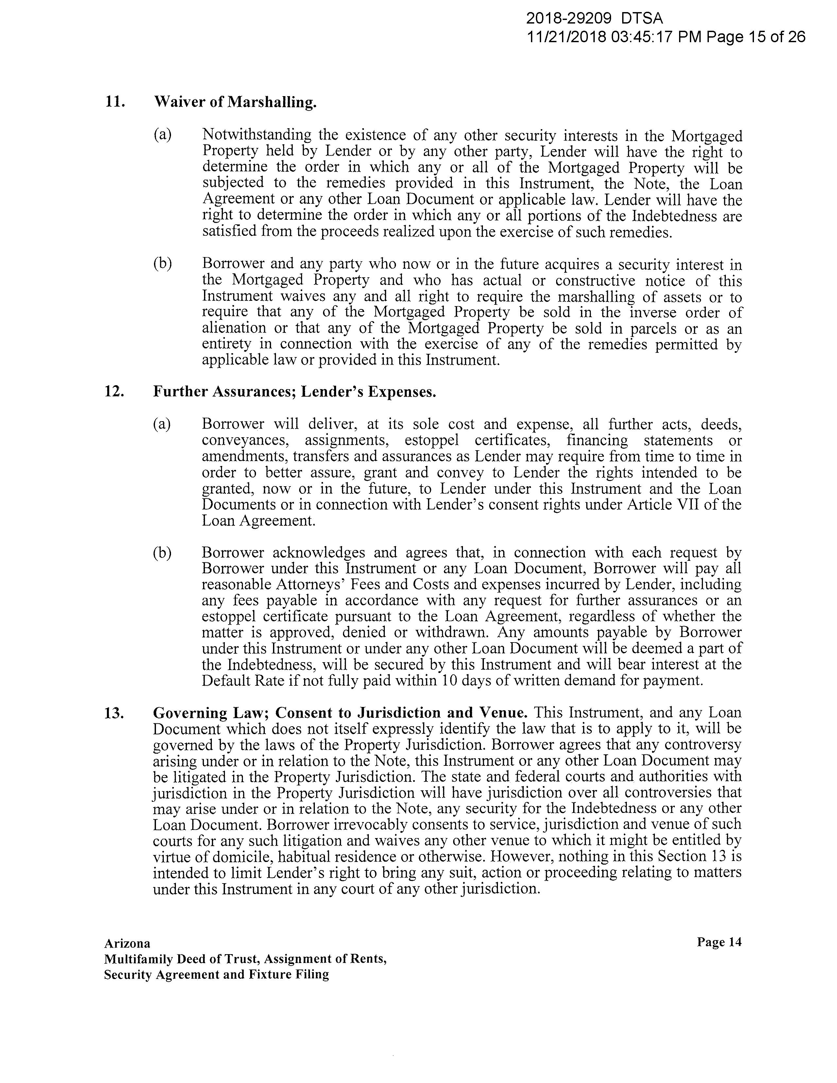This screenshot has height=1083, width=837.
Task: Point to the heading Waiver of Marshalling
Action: [x=235, y=102]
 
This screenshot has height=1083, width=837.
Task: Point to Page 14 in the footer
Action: [x=719, y=942]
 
